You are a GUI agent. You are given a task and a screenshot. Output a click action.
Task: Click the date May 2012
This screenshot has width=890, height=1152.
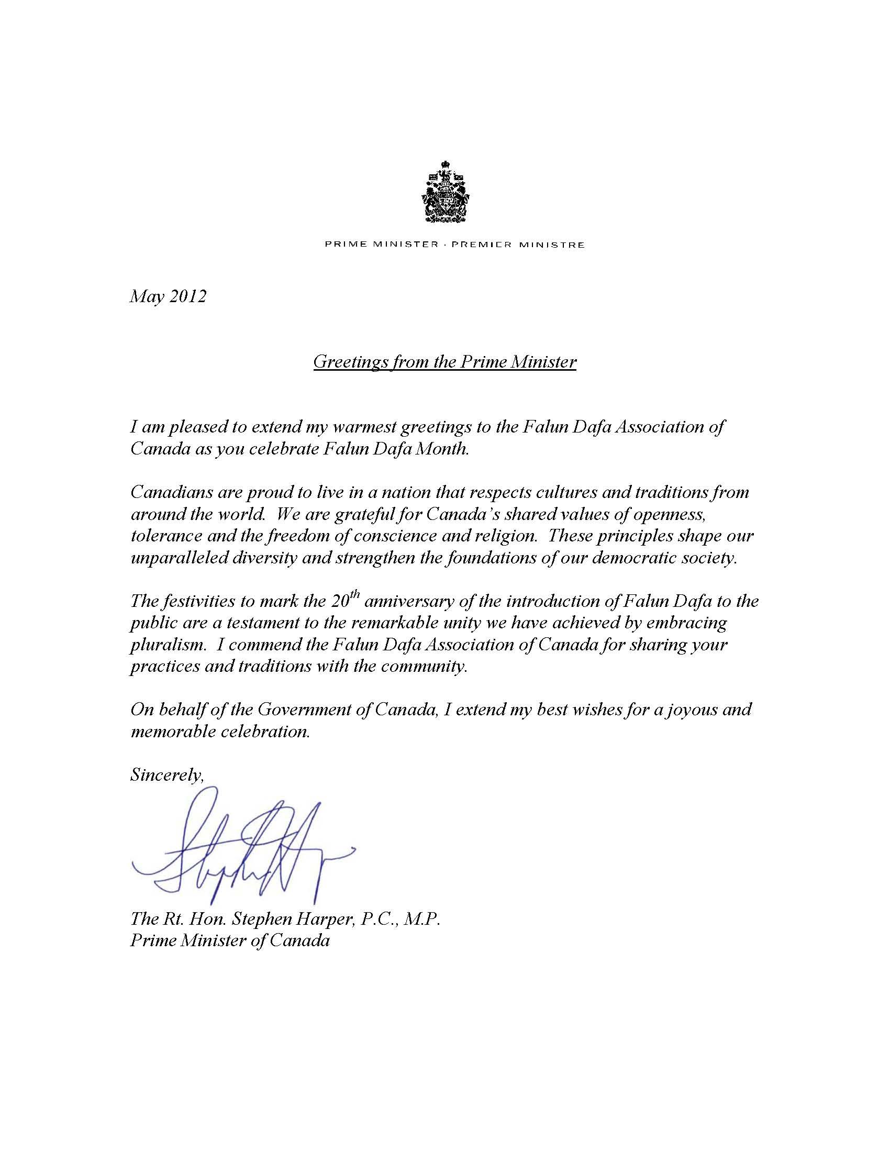(168, 296)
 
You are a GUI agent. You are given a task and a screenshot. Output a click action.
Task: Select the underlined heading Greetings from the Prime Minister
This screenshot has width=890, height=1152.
(444, 362)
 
